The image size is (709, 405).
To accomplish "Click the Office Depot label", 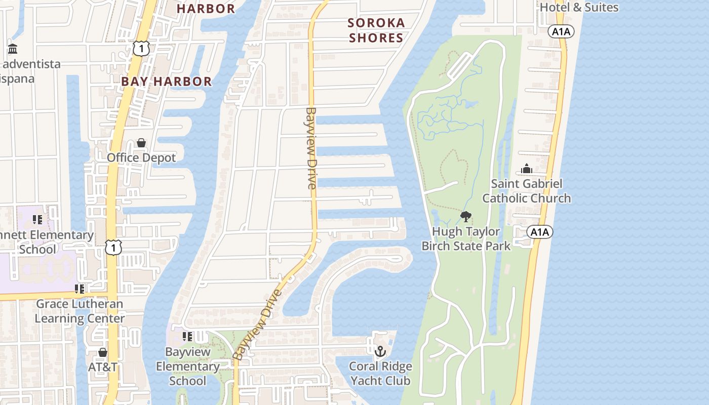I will click(x=141, y=158).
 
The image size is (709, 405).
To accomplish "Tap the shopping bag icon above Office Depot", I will click(x=141, y=143).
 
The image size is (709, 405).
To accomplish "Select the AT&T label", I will click(x=103, y=367).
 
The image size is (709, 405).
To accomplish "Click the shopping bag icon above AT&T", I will click(x=103, y=352).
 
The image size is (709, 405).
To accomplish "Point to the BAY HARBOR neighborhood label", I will click(x=166, y=82).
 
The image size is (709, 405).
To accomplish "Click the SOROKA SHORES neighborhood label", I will click(x=376, y=30).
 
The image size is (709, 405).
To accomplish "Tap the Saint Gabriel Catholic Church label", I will click(x=526, y=191).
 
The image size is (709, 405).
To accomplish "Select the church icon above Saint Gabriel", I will click(x=527, y=169).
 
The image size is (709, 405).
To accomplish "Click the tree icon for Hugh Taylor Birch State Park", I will click(x=465, y=217).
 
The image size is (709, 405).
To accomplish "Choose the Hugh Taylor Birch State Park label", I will click(x=466, y=238).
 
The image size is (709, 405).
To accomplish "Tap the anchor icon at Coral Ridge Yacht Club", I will click(x=380, y=351).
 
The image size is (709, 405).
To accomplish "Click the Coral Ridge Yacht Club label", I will click(x=380, y=373).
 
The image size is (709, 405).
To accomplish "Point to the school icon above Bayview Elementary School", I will click(x=187, y=336).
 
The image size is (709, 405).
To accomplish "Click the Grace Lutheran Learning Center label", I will click(x=80, y=311).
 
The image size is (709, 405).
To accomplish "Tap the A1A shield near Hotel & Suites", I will click(x=561, y=31).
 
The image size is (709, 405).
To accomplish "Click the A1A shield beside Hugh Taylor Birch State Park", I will click(x=539, y=232).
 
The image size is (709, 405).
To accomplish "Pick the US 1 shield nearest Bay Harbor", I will click(x=141, y=49).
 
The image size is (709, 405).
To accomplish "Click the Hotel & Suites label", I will click(x=579, y=7).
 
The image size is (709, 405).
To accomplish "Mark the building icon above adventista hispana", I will click(x=13, y=49).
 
